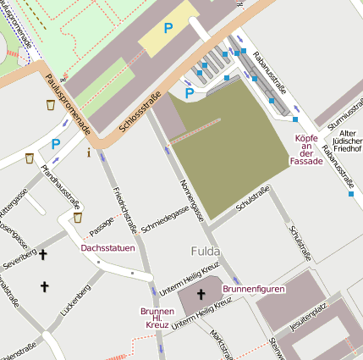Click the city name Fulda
click(x=205, y=252)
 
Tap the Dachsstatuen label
click(x=107, y=248)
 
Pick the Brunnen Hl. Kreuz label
click(x=157, y=318)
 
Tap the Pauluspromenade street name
click(x=67, y=100)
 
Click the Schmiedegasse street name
click(x=166, y=219)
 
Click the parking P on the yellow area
click(x=168, y=29)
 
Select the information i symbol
click(x=89, y=153)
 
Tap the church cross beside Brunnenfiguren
click(x=201, y=295)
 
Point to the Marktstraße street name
click(x=222, y=343)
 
